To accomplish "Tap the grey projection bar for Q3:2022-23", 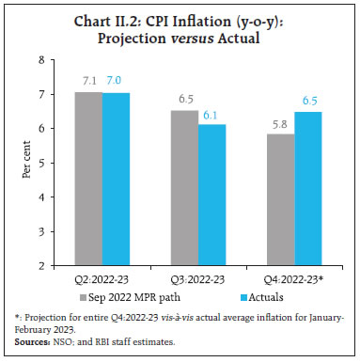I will pyautogui.click(x=184, y=188).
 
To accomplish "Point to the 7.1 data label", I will pyautogui.click(x=87, y=81).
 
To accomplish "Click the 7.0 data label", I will pyautogui.click(x=116, y=83).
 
